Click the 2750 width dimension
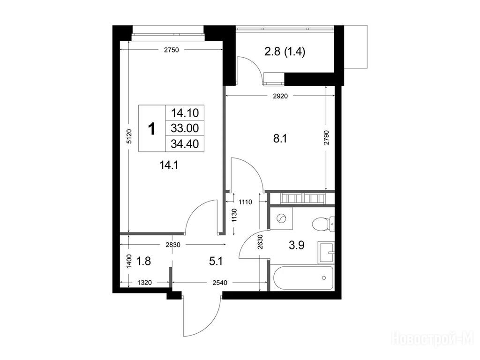point(171,50)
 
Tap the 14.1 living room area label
point(169,165)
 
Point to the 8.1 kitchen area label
point(280,139)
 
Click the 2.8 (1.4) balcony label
point(285,52)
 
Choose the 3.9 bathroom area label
point(297,245)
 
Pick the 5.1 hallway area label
point(216,262)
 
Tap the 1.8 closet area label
point(143,261)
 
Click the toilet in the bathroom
point(323,224)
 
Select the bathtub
point(301,278)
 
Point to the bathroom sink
point(326,252)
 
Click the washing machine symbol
point(281,218)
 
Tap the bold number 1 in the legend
point(151,128)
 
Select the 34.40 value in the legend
point(185,143)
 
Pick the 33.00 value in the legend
point(185,128)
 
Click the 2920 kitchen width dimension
point(280,96)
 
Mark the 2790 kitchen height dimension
point(326,138)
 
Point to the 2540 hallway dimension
point(220,283)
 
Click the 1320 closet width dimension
point(144,283)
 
